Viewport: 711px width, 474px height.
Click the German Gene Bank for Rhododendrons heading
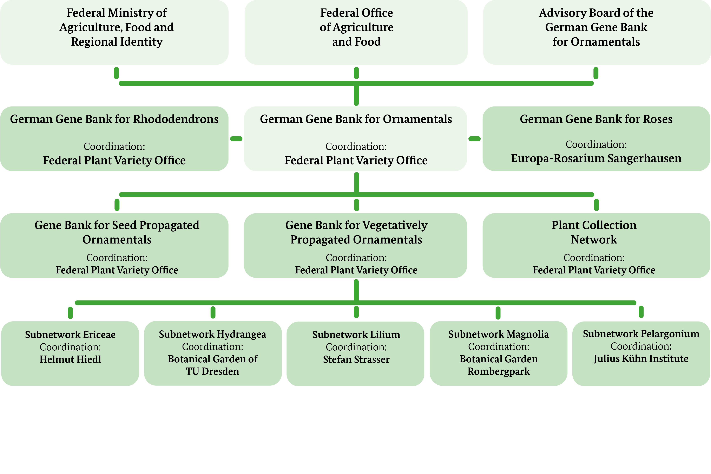point(114,119)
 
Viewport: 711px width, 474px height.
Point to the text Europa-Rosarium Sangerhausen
point(596,158)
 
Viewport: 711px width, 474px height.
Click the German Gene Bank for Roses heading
point(596,119)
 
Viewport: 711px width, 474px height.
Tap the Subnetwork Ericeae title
point(70,335)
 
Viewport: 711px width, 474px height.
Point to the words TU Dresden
point(212,371)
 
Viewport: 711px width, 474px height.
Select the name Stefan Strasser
point(356,359)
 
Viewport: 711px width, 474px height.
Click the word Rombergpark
point(499,371)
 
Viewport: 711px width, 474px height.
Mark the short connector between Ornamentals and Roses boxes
point(474,139)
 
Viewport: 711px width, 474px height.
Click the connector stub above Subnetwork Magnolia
point(498,313)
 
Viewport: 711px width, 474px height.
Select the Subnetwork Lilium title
point(356,335)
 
